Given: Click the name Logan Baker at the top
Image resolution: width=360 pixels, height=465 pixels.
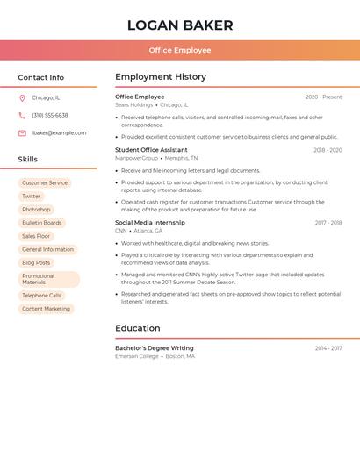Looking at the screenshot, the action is [180, 25].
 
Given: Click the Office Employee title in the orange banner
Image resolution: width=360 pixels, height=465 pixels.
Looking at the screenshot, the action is [180, 50].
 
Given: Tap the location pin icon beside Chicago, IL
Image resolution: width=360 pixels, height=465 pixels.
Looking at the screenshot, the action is [22, 98].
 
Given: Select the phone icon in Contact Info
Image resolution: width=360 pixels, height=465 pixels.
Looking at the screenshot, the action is [22, 116].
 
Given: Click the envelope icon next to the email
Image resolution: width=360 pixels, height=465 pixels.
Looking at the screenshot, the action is [22, 133].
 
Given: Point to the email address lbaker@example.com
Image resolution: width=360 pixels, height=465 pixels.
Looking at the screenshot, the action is [59, 133].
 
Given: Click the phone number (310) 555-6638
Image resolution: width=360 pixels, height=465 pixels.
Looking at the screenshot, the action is [50, 116].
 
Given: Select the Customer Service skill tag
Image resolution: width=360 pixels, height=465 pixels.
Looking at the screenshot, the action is [45, 183].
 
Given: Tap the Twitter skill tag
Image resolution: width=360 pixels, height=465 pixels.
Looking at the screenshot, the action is [32, 197].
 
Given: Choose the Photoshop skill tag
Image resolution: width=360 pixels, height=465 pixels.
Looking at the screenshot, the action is [36, 210].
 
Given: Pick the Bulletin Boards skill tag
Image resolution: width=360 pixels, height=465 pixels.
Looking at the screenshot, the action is [42, 223].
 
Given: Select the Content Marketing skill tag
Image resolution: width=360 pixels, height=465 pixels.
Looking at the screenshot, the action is [46, 309].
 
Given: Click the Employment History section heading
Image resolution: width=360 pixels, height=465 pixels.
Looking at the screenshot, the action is [161, 77].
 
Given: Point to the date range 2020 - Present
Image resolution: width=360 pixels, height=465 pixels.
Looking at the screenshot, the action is [323, 97].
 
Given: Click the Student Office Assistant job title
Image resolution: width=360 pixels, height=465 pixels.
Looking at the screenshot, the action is [151, 150].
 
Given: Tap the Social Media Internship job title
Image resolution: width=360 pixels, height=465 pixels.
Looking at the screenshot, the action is [150, 223].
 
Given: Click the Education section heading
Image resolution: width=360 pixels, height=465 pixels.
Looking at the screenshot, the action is [138, 328].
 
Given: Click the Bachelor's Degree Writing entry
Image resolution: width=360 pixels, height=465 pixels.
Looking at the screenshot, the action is [155, 348].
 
